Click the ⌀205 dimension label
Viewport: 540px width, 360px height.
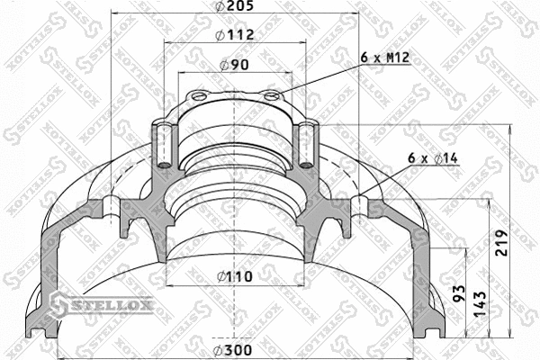235,9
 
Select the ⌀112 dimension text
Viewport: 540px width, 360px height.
235,35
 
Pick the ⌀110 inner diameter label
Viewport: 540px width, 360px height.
235,276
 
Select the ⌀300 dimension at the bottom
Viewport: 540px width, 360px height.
235,350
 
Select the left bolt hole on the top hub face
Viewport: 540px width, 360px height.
199,97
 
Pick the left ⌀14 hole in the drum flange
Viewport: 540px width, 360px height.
111,207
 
